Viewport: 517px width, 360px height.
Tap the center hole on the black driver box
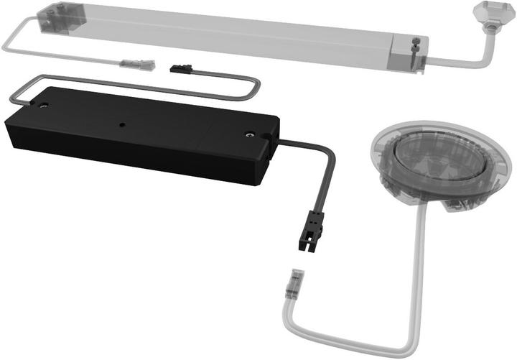coord(122,124)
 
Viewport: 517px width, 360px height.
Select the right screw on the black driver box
coord(248,134)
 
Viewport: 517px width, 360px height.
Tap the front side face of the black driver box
coord(129,154)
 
